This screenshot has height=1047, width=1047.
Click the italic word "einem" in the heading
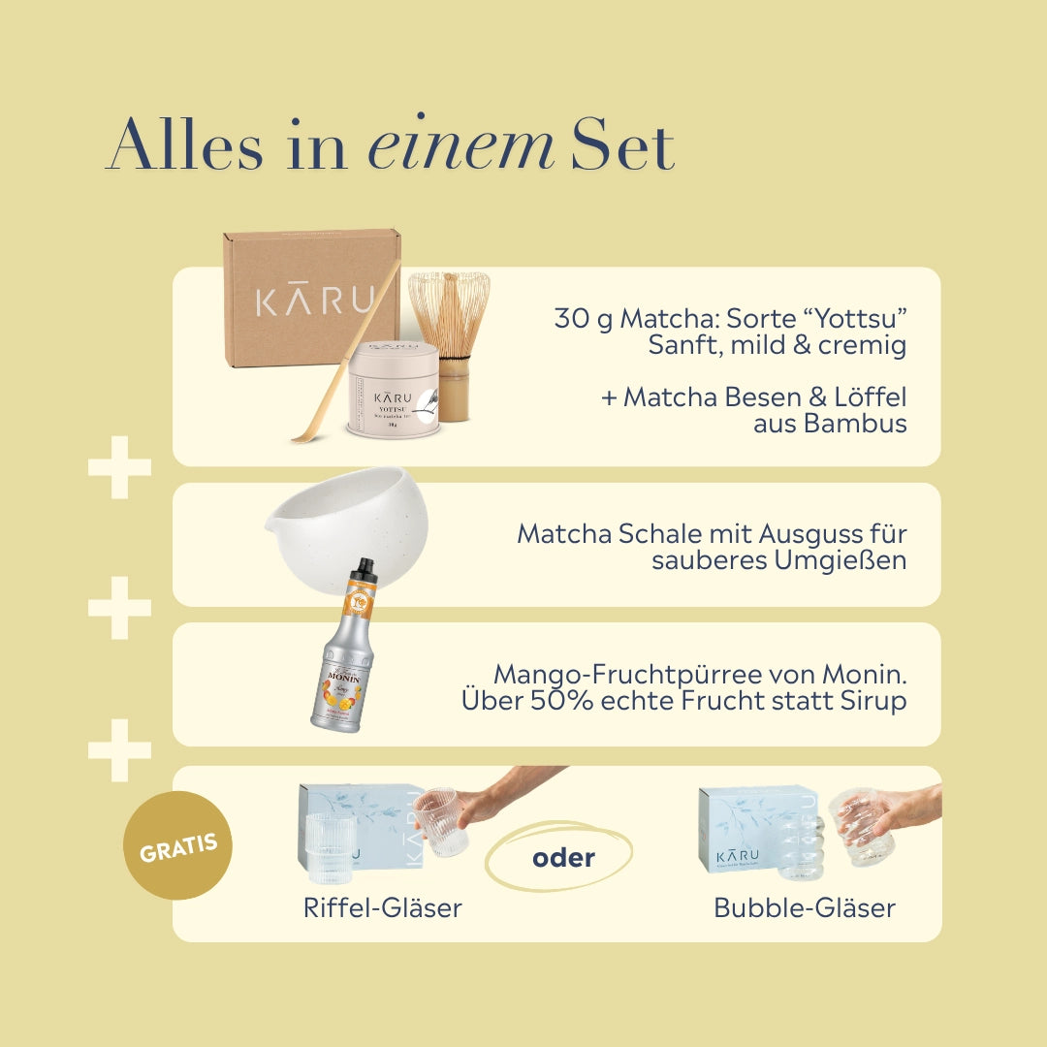[x=460, y=148]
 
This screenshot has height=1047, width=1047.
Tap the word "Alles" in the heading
[x=184, y=148]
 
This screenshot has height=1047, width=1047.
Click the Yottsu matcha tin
[x=394, y=390]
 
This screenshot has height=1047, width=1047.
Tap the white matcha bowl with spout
[x=334, y=528]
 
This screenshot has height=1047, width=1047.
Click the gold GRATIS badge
[x=178, y=845]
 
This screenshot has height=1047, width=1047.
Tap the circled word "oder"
[x=563, y=858]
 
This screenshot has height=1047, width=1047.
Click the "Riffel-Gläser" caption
[x=382, y=908]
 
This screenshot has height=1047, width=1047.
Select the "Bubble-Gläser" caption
[x=804, y=908]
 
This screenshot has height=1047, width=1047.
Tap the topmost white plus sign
[x=120, y=467]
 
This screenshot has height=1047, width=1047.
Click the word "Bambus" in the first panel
[x=856, y=424]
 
